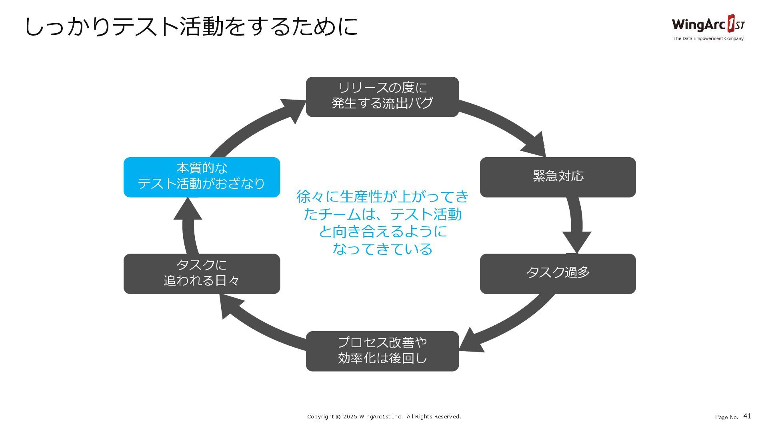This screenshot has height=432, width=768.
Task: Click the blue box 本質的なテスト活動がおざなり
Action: click(202, 177)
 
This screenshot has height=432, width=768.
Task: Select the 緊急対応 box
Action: click(558, 177)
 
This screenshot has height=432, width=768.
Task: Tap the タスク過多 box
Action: click(558, 274)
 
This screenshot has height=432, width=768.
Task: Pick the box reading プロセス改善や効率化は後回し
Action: click(382, 351)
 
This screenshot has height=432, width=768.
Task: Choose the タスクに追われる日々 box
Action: click(202, 274)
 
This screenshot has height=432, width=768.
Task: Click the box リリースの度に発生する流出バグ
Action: click(382, 97)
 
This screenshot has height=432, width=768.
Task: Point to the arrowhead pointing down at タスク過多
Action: click(576, 241)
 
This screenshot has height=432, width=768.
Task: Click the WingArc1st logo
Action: click(708, 24)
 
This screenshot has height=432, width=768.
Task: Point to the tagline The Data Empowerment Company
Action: click(708, 39)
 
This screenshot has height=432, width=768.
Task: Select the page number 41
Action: click(747, 416)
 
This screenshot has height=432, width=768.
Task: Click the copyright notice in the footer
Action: click(384, 416)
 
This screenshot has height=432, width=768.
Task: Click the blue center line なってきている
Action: click(382, 249)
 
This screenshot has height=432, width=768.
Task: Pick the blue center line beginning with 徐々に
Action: click(382, 196)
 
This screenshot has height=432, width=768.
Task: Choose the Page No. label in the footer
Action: click(726, 417)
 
